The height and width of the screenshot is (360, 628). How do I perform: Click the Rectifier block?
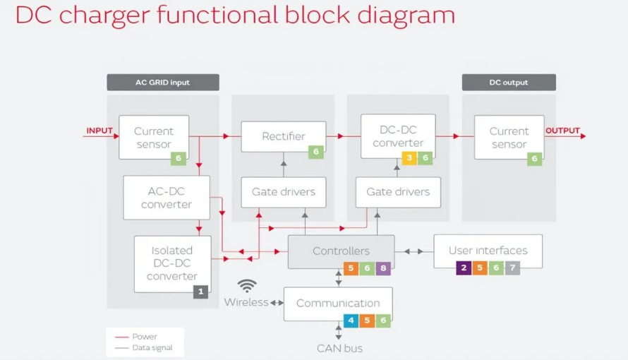click(x=284, y=136)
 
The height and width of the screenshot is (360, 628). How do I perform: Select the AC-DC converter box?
click(x=167, y=198)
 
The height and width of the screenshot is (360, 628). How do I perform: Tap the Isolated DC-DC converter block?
click(x=173, y=264)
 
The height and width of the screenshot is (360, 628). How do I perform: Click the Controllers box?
click(x=342, y=251)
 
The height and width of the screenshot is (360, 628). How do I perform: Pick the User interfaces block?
click(x=488, y=251)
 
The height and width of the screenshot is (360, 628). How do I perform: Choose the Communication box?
click(x=338, y=304)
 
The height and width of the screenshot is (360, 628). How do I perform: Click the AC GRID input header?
click(x=163, y=83)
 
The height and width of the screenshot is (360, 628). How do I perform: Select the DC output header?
click(x=509, y=83)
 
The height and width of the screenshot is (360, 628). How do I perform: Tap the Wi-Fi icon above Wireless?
click(x=247, y=285)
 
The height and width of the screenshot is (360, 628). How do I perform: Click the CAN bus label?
click(x=339, y=349)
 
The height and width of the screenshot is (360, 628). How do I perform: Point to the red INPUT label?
click(x=99, y=131)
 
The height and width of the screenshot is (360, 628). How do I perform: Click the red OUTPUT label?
click(x=562, y=131)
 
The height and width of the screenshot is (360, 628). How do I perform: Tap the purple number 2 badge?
click(x=464, y=268)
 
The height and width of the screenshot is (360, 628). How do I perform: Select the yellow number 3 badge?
click(x=409, y=158)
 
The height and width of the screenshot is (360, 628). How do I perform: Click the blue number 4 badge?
click(x=351, y=320)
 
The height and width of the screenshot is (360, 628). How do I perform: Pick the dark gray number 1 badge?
click(x=200, y=292)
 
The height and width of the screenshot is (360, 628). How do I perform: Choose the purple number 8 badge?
click(x=383, y=268)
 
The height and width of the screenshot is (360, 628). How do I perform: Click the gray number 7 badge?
click(x=513, y=268)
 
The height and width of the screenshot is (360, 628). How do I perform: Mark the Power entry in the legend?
click(x=135, y=337)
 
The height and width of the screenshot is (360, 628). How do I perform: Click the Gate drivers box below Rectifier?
click(x=284, y=192)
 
